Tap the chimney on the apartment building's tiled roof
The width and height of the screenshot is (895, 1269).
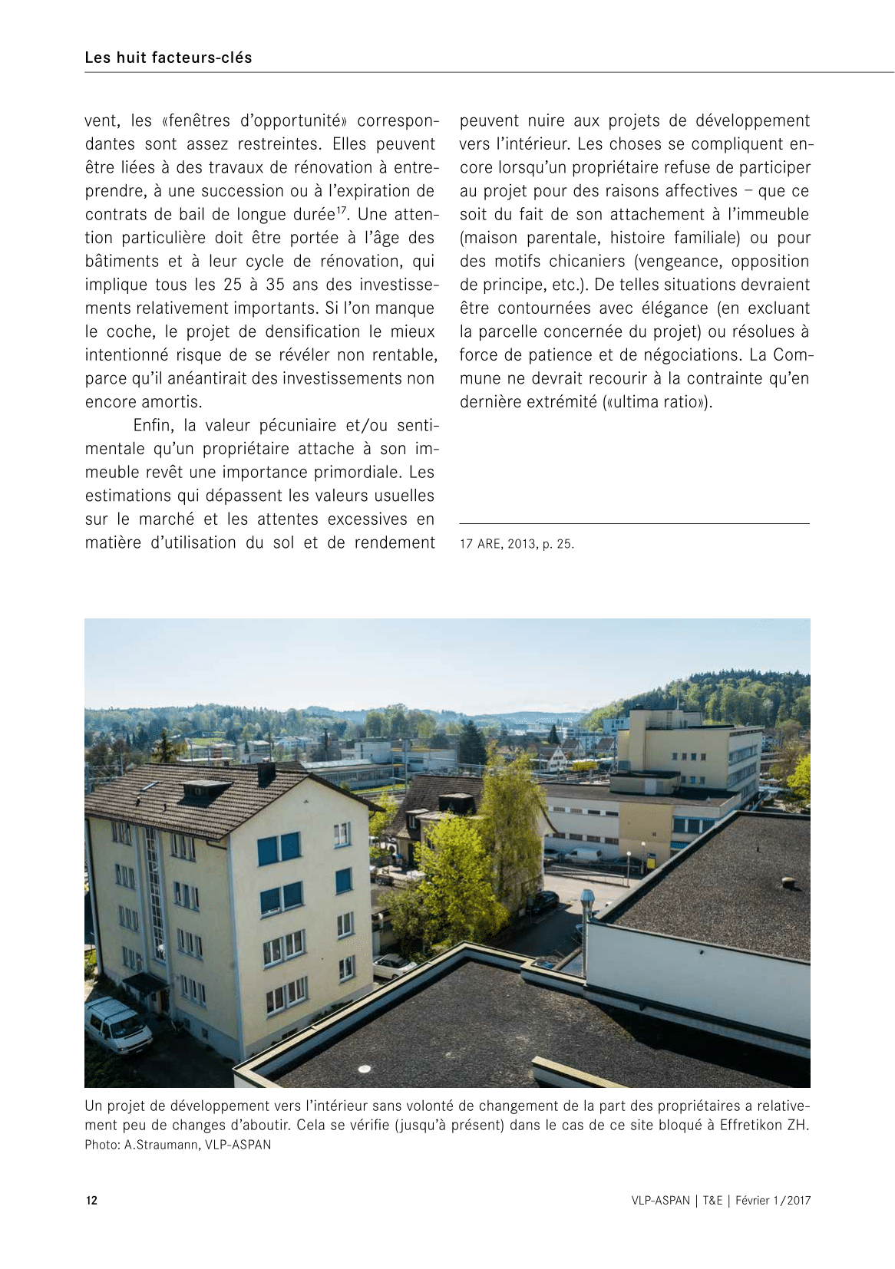click(266, 773)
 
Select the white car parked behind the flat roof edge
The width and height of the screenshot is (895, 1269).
click(394, 966)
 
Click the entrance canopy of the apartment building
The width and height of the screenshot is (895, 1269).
click(145, 982)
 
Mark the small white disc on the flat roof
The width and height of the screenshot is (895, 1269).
click(365, 1069)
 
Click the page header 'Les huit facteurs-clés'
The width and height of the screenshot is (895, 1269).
click(168, 58)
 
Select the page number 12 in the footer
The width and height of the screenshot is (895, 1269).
click(91, 1201)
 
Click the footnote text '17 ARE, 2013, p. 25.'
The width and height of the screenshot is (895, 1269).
click(517, 544)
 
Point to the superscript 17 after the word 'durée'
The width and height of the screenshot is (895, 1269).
click(342, 209)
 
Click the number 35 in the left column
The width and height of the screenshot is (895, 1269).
click(275, 285)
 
